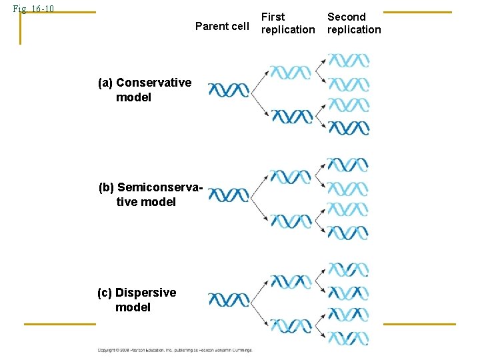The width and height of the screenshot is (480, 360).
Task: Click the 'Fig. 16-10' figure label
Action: pyautogui.click(x=33, y=9)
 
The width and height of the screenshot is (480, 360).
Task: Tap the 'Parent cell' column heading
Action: pyautogui.click(x=221, y=27)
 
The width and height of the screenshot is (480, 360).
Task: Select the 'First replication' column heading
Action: pyautogui.click(x=288, y=23)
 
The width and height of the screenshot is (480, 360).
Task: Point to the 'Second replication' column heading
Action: pyautogui.click(x=354, y=23)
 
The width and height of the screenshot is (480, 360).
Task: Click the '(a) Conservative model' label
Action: pyautogui.click(x=144, y=90)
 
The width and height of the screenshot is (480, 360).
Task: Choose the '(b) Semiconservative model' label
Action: pyautogui.click(x=150, y=194)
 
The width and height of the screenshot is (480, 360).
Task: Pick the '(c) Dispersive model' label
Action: pyautogui.click(x=137, y=300)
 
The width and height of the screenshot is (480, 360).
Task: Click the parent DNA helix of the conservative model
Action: pyautogui.click(x=228, y=89)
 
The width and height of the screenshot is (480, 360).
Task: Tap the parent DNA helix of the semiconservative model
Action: pyautogui.click(x=228, y=195)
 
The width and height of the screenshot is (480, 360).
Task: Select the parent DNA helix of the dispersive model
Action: pyautogui.click(x=228, y=300)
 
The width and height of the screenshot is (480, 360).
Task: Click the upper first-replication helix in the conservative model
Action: pyautogui.click(x=290, y=71)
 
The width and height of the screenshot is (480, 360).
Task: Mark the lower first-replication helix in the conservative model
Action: pyautogui.click(x=291, y=117)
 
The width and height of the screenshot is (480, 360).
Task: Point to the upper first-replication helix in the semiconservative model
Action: pyautogui.click(x=290, y=176)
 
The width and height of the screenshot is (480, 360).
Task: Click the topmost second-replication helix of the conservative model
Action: pyautogui.click(x=349, y=61)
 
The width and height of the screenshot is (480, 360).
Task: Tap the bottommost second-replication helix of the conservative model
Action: pyautogui.click(x=349, y=127)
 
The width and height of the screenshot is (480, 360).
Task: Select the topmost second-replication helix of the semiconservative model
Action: pyautogui.click(x=347, y=165)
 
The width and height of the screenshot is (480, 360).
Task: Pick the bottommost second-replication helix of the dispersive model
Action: pyautogui.click(x=349, y=337)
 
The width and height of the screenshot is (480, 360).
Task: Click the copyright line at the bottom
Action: pyautogui.click(x=175, y=350)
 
